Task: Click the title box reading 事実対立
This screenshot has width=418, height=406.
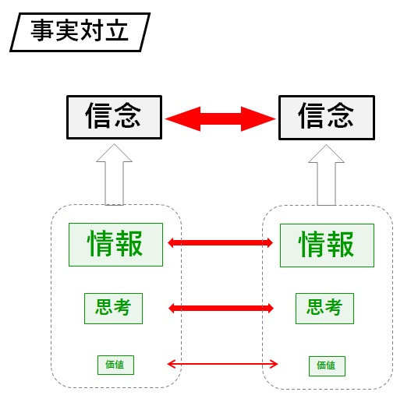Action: coord(80,32)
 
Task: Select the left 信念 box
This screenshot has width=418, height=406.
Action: coord(114,117)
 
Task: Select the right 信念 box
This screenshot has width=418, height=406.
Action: coord(327,118)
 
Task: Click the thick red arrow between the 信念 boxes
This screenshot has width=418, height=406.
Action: coord(220,119)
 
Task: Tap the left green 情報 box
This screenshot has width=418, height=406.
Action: coord(115,245)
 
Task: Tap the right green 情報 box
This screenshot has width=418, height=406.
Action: coord(327,245)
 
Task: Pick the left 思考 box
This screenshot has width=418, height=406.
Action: coord(113,309)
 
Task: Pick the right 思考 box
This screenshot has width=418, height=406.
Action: coord(324,309)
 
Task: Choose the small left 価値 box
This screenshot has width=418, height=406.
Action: coord(115,365)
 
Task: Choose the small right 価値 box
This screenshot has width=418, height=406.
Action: coord(327,366)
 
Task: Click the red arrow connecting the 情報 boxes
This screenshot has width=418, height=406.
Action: coord(220,242)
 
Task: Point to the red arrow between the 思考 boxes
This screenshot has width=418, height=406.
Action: coord(221,309)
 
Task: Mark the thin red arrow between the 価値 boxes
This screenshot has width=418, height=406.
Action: coord(222,364)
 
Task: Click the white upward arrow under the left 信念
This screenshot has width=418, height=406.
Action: coord(114,175)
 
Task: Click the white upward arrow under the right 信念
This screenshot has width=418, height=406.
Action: coord(326,175)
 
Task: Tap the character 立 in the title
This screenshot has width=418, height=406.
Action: coord(117,30)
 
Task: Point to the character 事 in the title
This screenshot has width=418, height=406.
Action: coord(42,30)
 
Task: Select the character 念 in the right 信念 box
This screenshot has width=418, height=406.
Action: coord(341,115)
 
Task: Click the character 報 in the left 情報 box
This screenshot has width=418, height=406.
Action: coord(129,243)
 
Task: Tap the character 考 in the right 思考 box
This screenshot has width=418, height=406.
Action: coord(334,307)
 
